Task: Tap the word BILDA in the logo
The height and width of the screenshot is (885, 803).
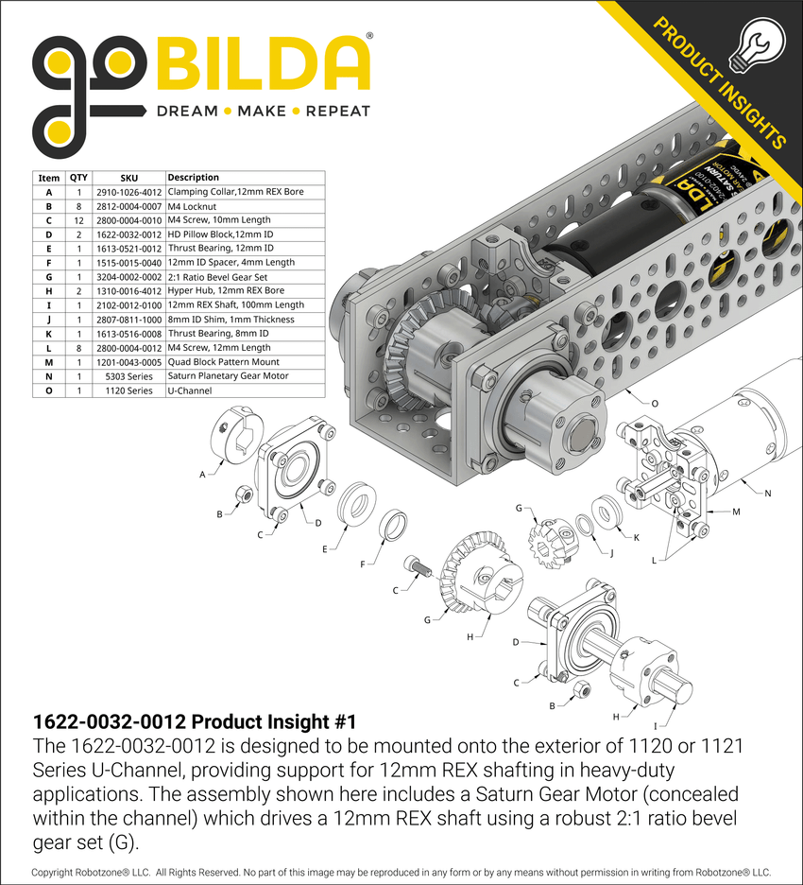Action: [x=262, y=63]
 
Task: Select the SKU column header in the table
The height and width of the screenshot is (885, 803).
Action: [x=128, y=178]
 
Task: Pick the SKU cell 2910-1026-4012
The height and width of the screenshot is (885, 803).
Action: [x=128, y=192]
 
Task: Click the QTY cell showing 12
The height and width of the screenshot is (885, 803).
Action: [x=78, y=220]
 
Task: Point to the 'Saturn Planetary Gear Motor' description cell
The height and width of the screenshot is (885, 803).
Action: [x=228, y=375]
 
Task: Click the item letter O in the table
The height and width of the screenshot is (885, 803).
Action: [x=48, y=390]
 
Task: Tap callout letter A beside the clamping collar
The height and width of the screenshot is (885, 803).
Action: [x=202, y=476]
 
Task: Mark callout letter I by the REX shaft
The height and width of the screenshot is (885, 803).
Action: [x=656, y=725]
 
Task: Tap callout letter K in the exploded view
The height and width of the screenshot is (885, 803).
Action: [x=636, y=537]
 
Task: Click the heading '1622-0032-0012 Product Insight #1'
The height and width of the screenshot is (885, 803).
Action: [x=195, y=722]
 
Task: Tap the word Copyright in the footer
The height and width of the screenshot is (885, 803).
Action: [x=59, y=872]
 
